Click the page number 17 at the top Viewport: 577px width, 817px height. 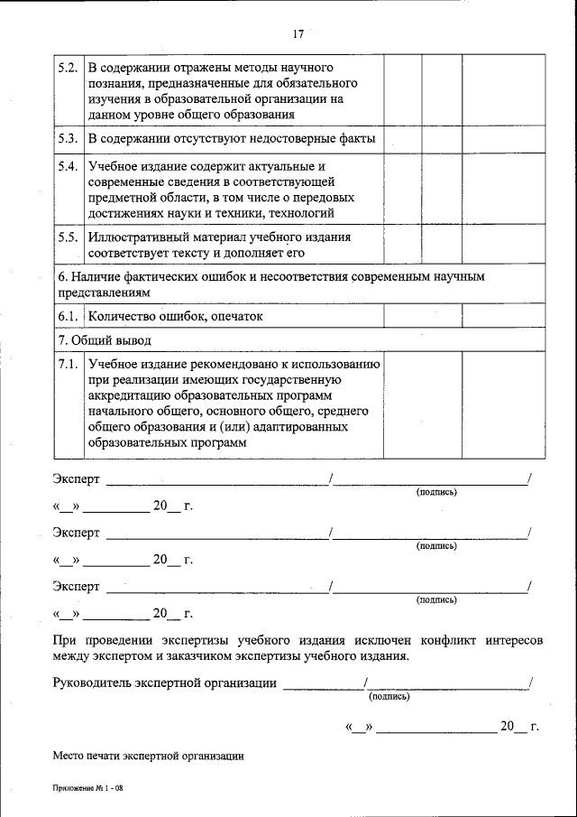pos(298,34)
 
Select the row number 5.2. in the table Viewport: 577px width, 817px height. pos(66,69)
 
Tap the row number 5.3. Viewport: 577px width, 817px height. pos(66,139)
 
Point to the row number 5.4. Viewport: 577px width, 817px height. pos(66,168)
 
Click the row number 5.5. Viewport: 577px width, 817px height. pos(66,237)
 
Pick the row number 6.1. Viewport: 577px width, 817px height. pos(66,317)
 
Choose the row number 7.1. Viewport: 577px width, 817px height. pos(66,364)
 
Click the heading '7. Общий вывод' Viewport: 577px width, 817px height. pos(105,340)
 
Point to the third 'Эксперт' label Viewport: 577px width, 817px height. pos(77,587)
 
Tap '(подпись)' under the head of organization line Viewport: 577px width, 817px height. pos(389,696)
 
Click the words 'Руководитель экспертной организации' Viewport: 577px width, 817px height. pos(165,683)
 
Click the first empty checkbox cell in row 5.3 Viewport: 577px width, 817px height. pos(402,139)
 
